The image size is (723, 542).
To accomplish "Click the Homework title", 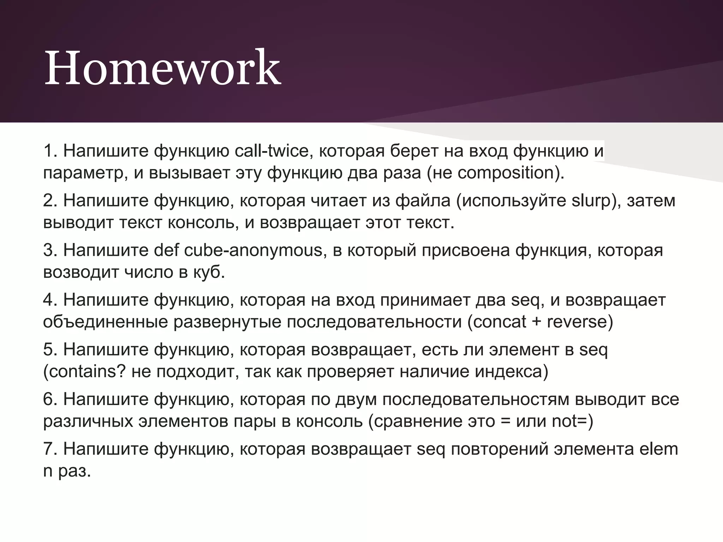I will (162, 68).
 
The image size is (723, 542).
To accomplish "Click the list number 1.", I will (48, 151).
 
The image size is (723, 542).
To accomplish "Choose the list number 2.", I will (48, 201).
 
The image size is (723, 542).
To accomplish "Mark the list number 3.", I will (48, 251).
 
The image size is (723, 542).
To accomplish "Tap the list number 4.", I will (48, 300).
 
